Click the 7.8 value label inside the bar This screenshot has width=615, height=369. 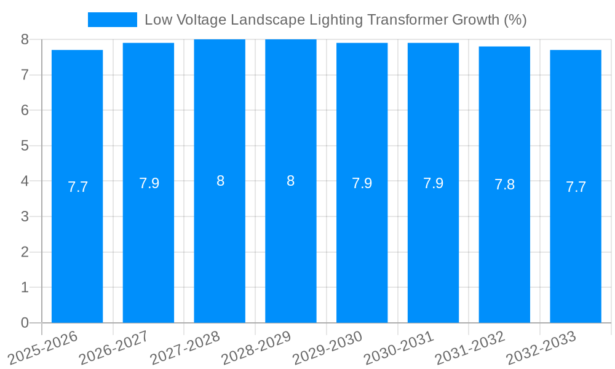click(504, 184)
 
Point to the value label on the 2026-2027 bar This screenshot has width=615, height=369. click(149, 183)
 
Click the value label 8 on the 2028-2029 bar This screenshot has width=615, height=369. click(291, 181)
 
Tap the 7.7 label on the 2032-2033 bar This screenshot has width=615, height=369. click(576, 187)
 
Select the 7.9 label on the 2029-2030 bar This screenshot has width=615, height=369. click(362, 183)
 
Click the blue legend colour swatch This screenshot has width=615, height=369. click(113, 20)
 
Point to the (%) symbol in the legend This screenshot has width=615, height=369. click(515, 20)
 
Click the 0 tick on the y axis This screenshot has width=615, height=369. click(25, 323)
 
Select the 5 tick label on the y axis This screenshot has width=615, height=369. click(25, 146)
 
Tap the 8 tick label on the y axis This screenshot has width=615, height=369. click(25, 39)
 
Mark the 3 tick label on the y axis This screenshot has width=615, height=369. click(25, 216)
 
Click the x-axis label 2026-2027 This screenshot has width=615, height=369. click(114, 347)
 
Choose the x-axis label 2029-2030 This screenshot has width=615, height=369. click(328, 347)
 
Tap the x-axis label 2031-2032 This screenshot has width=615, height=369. click(470, 347)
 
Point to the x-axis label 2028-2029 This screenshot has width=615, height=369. click(257, 347)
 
